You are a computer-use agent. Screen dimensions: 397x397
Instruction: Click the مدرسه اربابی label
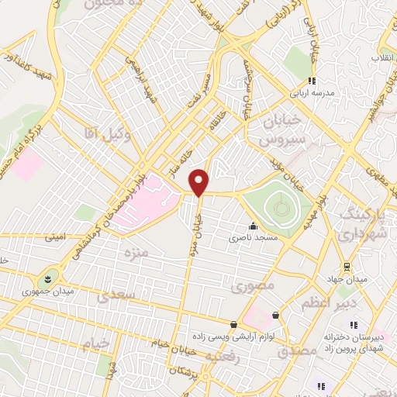coord(312,93)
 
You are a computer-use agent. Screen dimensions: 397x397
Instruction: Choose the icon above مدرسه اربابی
coord(311,80)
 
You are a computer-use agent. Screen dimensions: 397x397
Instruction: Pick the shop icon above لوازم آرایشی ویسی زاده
coord(233,324)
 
